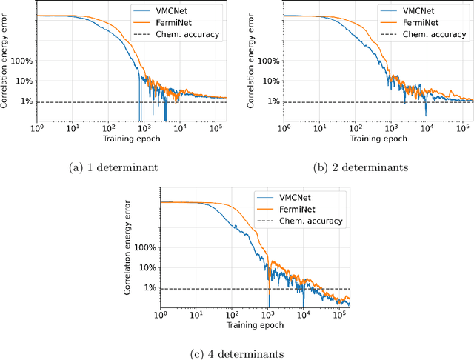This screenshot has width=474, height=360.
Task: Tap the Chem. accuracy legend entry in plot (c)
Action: tap(315, 221)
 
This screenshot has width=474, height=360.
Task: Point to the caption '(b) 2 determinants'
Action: tap(360, 168)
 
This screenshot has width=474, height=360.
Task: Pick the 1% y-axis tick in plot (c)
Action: tap(150, 288)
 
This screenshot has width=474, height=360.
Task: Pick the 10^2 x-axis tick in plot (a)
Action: tap(106, 128)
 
